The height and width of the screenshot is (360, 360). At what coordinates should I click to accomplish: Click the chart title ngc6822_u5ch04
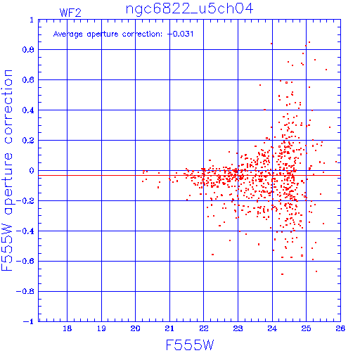[189, 9]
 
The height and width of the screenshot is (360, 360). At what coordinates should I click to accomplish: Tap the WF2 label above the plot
[70, 13]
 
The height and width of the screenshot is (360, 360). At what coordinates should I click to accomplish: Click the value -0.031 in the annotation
[180, 34]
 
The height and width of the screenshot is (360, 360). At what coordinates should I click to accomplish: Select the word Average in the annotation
[68, 34]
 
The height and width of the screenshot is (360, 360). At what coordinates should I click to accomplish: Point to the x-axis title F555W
[190, 345]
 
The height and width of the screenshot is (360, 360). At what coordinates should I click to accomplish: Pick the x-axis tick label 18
[67, 328]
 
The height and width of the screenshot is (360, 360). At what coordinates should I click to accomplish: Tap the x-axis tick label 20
[135, 328]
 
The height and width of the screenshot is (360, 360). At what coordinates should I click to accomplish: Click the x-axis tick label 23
[238, 328]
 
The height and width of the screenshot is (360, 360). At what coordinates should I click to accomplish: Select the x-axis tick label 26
[340, 328]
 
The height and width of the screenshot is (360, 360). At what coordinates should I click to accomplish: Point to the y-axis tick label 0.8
[28, 50]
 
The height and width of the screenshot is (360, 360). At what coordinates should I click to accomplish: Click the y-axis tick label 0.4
[28, 110]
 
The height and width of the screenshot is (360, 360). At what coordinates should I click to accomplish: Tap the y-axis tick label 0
[32, 171]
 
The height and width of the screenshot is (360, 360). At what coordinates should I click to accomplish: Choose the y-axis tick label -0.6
[25, 261]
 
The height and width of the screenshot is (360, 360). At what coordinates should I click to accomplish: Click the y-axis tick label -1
[29, 321]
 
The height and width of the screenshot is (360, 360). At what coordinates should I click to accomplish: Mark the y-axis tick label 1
[32, 20]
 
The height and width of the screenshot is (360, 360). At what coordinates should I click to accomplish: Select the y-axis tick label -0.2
[25, 201]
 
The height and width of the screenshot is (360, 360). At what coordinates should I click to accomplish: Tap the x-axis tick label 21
[169, 328]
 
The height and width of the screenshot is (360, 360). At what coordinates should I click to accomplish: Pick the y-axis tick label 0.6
[28, 80]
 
